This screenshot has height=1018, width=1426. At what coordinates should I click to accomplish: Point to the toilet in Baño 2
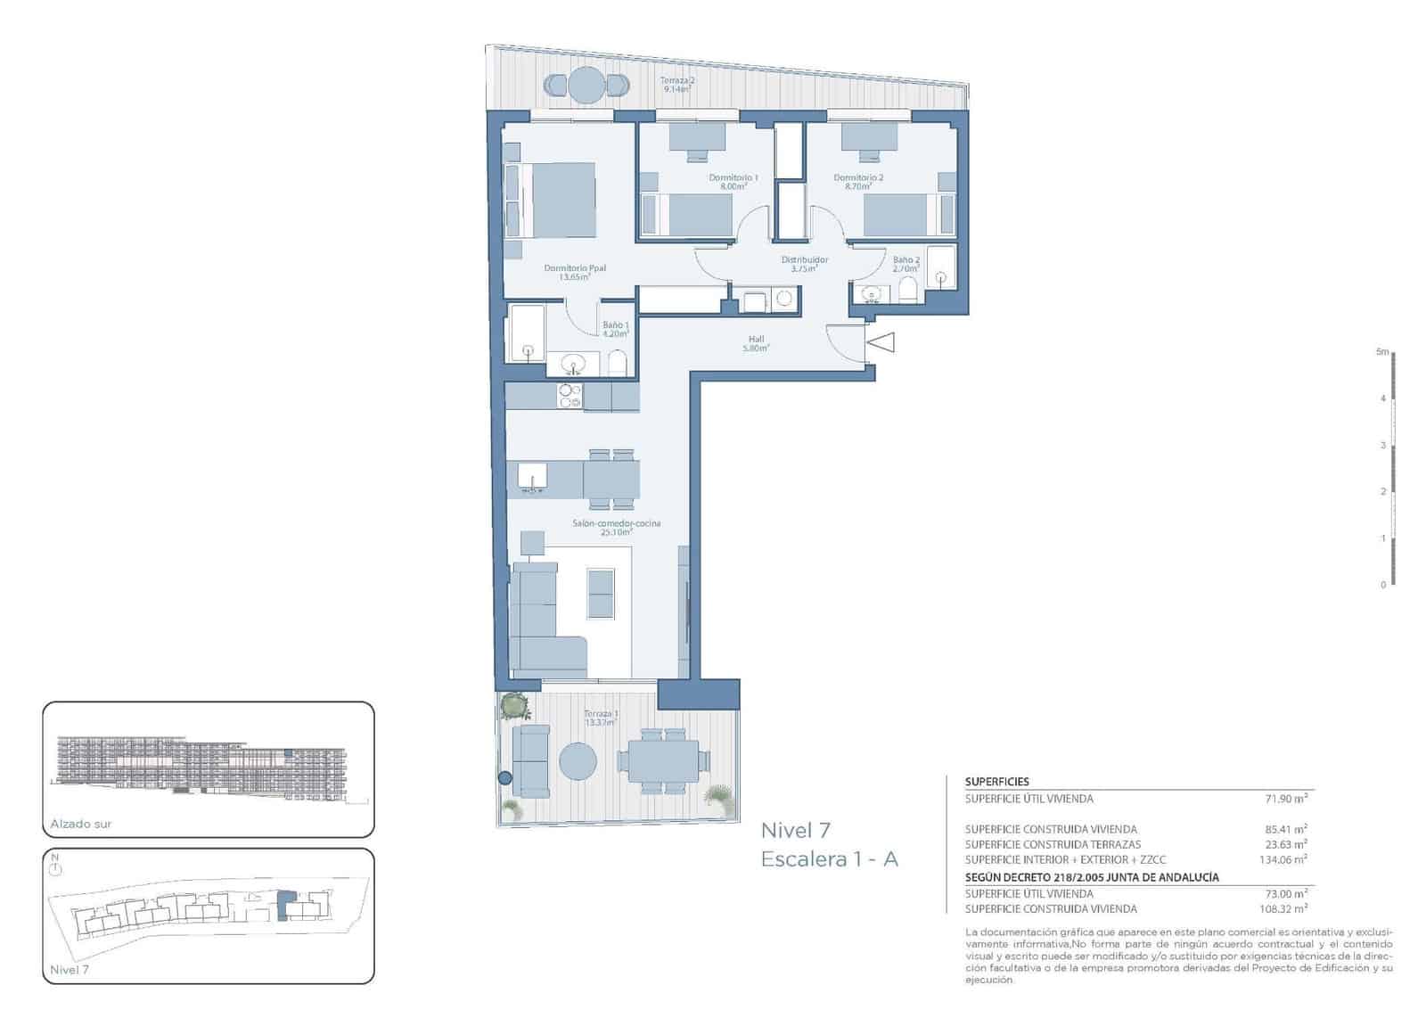point(908,290)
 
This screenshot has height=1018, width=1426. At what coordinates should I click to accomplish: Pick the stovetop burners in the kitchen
point(569,396)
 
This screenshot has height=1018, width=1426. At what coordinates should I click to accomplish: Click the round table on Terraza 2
point(586,85)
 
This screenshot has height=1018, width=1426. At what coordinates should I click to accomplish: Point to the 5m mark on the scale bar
point(1382,353)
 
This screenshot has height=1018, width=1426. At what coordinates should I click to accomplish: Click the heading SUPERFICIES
point(996,782)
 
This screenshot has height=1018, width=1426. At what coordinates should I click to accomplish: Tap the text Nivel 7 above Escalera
point(795,831)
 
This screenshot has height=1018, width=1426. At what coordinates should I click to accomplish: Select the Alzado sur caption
point(81,825)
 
